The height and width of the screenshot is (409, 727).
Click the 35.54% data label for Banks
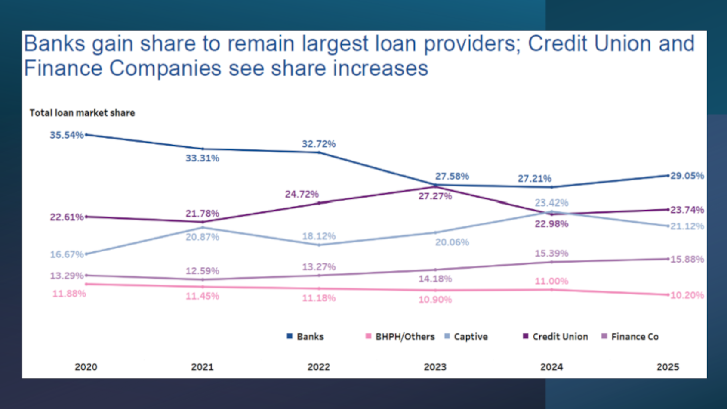point(66,135)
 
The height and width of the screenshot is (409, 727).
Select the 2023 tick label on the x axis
point(435,367)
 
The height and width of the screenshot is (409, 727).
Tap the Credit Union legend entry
point(555,337)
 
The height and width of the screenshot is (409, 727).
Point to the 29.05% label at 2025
point(687,176)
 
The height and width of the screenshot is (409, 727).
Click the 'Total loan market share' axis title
point(82,113)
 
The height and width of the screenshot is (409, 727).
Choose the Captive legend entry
point(466,337)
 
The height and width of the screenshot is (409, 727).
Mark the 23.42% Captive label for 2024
point(551,202)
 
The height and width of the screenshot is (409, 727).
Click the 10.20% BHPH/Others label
point(687,295)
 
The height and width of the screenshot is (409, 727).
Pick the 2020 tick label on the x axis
point(86,367)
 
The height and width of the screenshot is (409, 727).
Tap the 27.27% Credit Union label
point(435,196)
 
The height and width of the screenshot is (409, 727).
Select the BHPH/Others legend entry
point(400,337)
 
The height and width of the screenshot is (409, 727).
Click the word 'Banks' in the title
point(55,44)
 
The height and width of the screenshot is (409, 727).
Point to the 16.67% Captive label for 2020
point(66,254)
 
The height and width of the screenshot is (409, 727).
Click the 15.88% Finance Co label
point(687,259)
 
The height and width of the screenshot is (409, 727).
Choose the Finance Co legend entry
point(630,337)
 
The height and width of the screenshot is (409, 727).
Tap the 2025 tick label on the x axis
point(668,367)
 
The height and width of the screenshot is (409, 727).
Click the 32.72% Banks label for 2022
point(318,144)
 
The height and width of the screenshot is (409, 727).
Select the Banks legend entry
point(305,337)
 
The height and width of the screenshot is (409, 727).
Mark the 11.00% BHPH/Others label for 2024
point(551,281)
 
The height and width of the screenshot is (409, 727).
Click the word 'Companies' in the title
point(165,68)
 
